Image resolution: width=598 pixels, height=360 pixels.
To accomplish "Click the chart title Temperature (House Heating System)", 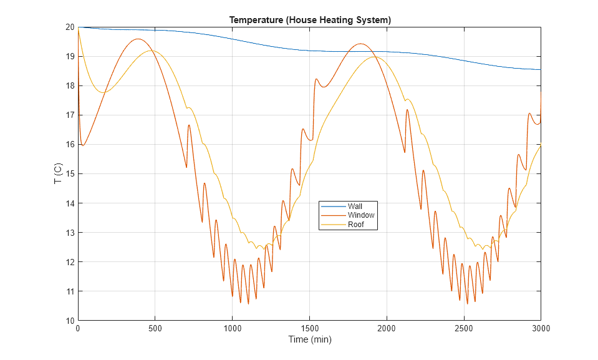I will point(310,20).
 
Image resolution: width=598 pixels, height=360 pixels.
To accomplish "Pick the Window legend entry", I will point(360,215).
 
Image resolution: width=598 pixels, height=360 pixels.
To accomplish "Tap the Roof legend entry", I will point(355,225).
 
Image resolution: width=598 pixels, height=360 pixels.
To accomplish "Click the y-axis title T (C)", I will point(57,173).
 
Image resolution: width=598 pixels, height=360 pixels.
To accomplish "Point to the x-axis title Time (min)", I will point(309,340).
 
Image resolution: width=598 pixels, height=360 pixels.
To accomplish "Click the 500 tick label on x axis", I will point(155,328).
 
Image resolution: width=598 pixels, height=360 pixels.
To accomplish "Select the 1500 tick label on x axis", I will point(309,328).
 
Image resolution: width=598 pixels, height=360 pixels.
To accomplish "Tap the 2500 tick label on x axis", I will point(463,328).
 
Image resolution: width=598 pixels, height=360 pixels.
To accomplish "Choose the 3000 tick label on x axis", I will point(540,328).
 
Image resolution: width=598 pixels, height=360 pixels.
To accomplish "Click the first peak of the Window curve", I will point(137,39).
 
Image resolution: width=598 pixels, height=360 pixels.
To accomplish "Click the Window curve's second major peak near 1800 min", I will point(360,44).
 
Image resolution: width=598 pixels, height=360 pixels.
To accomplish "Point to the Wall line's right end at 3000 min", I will point(540,70).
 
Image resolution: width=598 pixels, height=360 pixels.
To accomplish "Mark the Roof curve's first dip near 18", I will point(104,92).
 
